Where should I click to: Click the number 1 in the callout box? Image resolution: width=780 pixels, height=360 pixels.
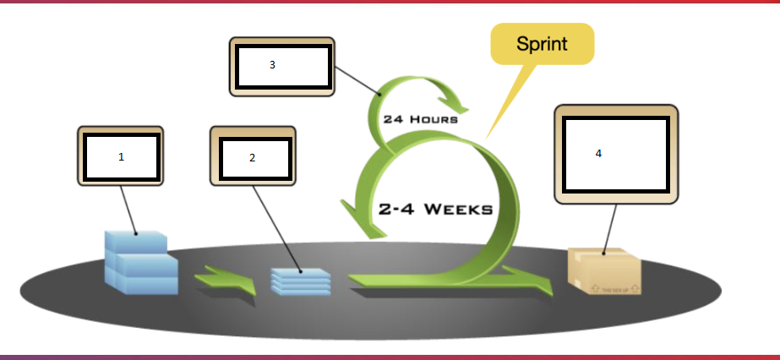(121, 157)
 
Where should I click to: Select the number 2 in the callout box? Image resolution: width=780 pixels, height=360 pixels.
(252, 158)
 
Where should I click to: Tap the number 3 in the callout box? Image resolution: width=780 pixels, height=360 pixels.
(272, 65)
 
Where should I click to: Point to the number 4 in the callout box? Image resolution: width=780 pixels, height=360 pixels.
(598, 154)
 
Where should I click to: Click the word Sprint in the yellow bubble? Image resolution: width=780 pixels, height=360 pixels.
(542, 44)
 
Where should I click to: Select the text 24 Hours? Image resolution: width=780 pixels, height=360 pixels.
(420, 119)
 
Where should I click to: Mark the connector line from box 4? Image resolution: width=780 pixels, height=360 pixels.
(610, 227)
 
